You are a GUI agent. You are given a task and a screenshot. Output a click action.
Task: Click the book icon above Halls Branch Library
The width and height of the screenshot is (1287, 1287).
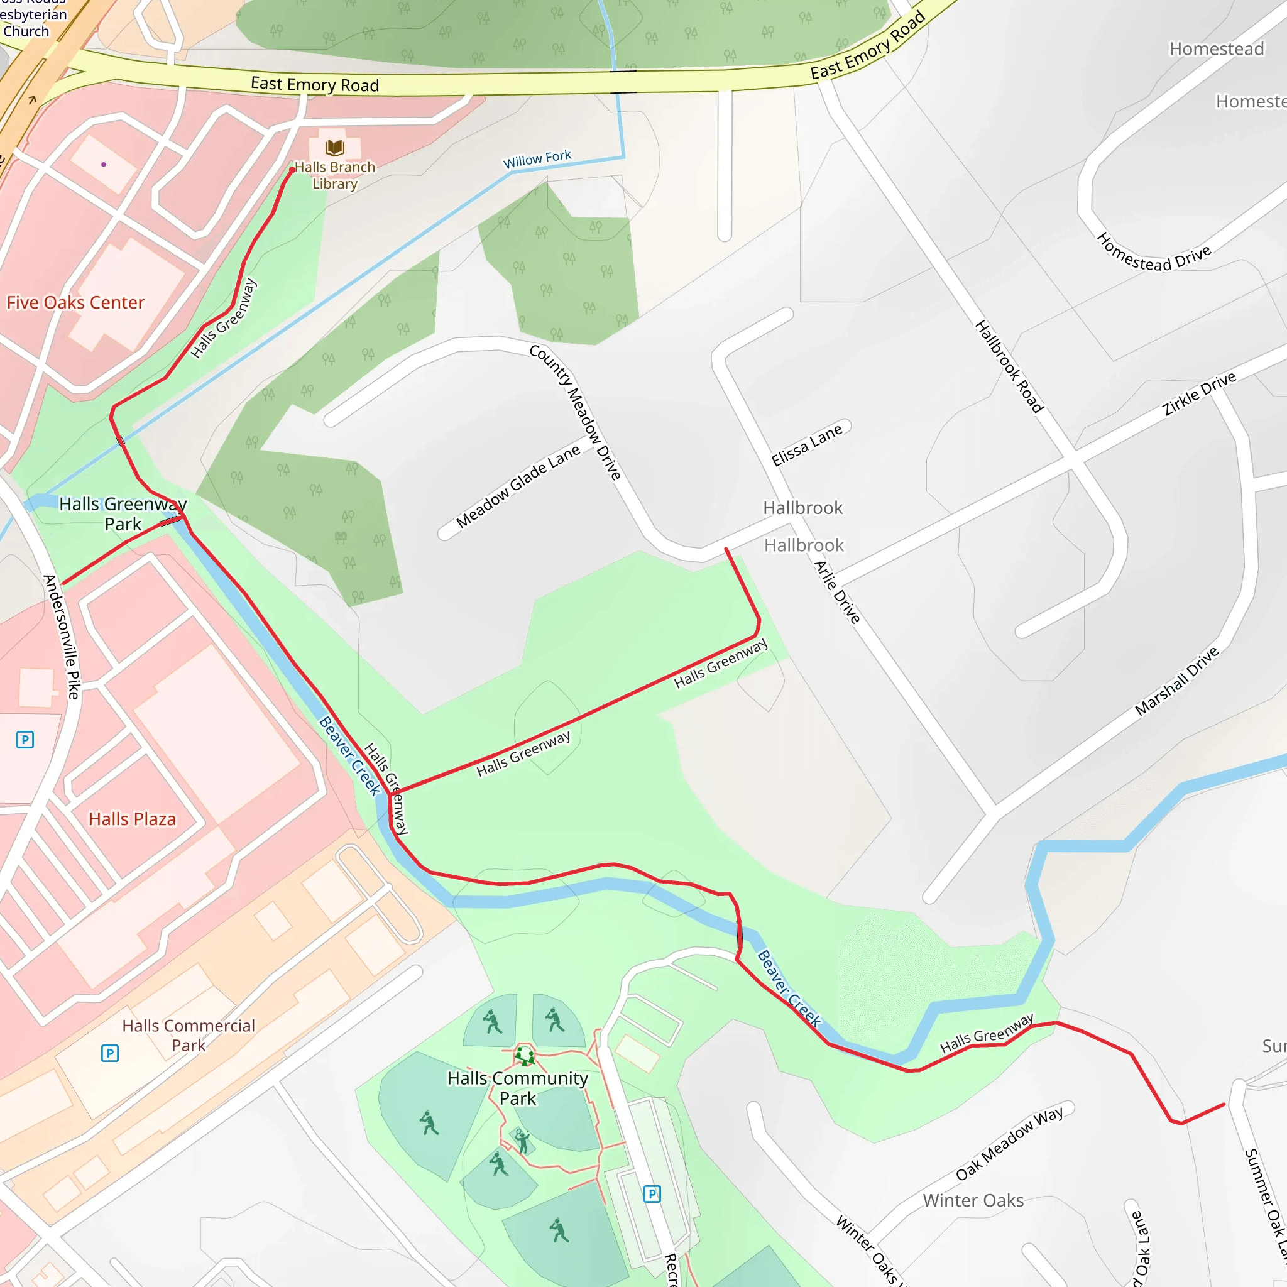(334, 147)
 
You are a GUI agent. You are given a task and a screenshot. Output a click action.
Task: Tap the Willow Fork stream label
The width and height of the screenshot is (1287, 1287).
(537, 159)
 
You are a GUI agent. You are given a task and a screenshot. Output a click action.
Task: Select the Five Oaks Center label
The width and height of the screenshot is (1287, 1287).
(75, 303)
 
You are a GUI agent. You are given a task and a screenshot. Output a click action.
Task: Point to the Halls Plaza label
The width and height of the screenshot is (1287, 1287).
(133, 819)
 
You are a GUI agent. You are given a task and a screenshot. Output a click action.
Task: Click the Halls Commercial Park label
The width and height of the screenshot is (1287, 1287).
(189, 1035)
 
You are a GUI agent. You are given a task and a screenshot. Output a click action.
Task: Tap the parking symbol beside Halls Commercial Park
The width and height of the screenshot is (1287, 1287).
(110, 1053)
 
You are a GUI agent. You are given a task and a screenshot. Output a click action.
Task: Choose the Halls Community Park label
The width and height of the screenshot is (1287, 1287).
(518, 1088)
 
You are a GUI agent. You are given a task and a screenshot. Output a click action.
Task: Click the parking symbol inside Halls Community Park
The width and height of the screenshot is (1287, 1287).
(652, 1194)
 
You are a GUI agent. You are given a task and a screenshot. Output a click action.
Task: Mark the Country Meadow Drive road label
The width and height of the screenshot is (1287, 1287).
(576, 412)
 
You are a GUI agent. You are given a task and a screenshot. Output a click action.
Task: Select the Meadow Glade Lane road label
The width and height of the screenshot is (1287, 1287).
(518, 486)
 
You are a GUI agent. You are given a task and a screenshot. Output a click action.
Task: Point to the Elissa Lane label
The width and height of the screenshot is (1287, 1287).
(807, 444)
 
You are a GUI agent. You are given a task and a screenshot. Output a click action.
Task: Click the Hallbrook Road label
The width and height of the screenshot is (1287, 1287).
(1009, 366)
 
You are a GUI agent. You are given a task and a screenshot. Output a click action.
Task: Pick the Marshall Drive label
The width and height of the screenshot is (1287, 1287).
(1176, 681)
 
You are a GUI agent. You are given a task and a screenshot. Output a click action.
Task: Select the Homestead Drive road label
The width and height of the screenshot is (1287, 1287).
(1154, 253)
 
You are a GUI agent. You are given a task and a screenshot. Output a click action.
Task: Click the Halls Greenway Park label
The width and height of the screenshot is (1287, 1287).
(123, 513)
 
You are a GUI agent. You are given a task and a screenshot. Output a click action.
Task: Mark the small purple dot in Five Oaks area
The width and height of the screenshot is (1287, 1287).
(103, 164)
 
